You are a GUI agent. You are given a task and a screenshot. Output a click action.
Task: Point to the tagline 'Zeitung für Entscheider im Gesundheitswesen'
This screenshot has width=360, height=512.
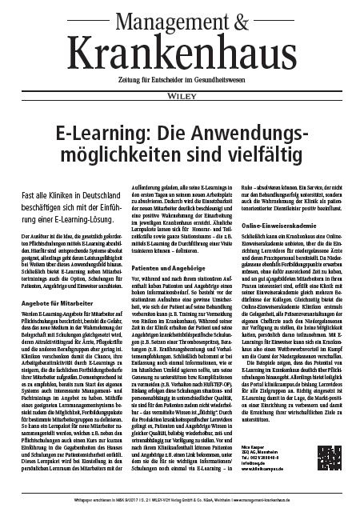(179, 68)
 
